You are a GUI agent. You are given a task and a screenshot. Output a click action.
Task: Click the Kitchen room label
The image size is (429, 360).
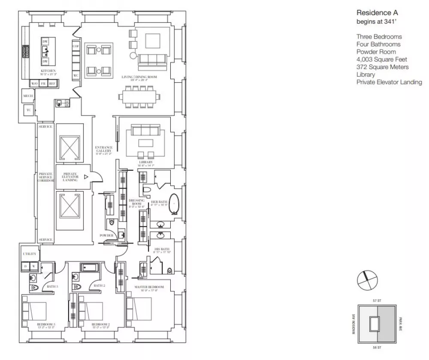click(48, 71)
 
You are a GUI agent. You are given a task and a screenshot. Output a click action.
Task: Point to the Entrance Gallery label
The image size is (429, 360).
click(103, 149)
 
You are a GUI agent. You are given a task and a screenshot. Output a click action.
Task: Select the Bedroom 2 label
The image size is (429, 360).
click(100, 324)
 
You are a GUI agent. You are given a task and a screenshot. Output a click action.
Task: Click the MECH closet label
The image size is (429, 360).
click(28, 96)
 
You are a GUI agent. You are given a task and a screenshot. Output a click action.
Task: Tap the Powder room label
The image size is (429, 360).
click(106, 236)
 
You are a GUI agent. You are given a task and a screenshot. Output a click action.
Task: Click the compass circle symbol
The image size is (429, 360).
click(367, 281)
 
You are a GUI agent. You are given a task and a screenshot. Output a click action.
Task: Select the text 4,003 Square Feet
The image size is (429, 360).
click(381, 59)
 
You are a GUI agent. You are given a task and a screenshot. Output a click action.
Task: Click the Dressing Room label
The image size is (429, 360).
click(136, 202)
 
